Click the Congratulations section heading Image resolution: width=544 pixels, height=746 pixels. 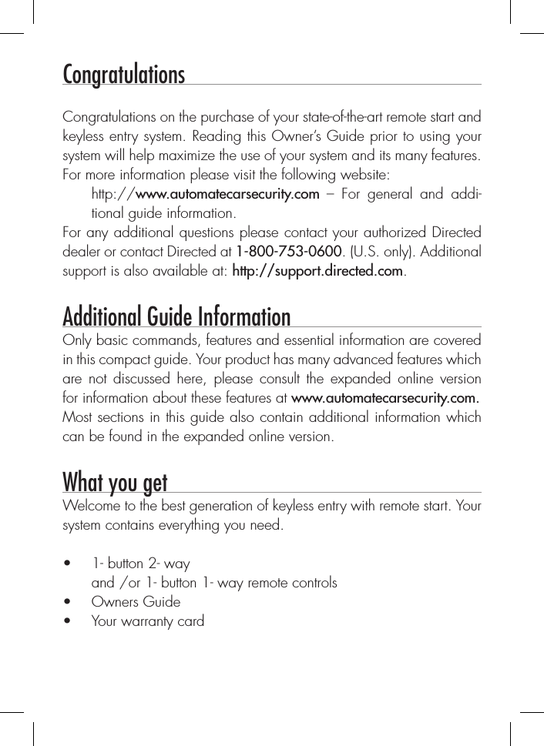point(123,75)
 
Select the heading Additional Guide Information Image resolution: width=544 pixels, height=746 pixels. point(176,316)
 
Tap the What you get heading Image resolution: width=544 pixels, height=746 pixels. point(115,483)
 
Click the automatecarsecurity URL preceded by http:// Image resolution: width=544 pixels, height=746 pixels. point(205,193)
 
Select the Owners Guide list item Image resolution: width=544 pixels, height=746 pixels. point(136,601)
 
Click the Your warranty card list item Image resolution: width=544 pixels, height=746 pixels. point(148,621)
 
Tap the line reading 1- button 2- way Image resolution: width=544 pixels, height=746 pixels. point(140,564)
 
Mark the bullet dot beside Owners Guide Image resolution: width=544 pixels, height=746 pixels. point(69,602)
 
